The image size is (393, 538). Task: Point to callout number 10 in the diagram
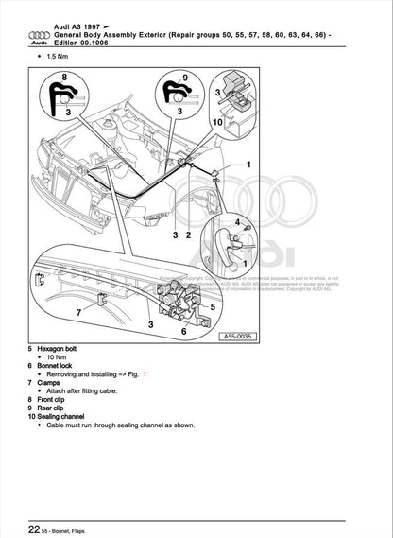(x=218, y=124)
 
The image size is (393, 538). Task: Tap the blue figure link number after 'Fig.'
(x=145, y=374)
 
